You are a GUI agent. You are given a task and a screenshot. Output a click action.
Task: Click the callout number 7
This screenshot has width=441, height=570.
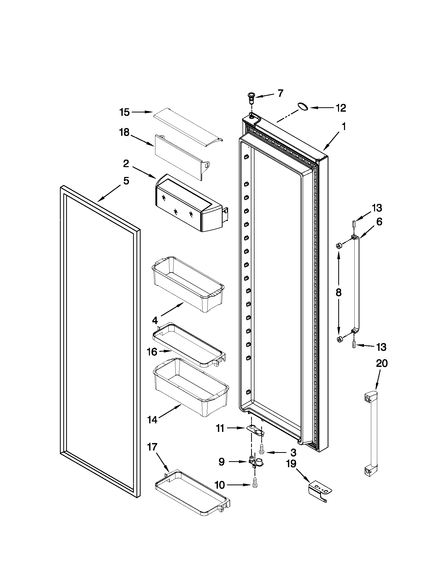pyautogui.click(x=280, y=94)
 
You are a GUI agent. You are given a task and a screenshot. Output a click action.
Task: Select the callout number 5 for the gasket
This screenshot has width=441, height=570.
pyautogui.click(x=126, y=181)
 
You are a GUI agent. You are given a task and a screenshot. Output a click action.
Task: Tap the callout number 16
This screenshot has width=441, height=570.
pyautogui.click(x=152, y=352)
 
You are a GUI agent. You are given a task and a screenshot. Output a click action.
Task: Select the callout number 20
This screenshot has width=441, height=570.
pyautogui.click(x=382, y=364)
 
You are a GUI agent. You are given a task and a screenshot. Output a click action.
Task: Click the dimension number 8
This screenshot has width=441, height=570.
pyautogui.click(x=339, y=293)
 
